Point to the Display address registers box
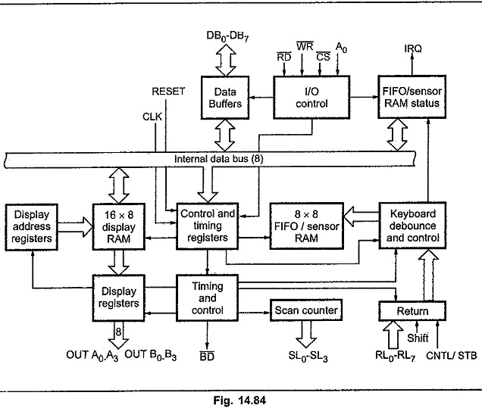point(32,226)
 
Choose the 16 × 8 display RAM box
point(116,226)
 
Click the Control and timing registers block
point(207,226)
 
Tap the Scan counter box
point(306,310)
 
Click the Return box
point(413,311)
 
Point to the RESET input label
point(168,92)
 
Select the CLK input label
point(153,117)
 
